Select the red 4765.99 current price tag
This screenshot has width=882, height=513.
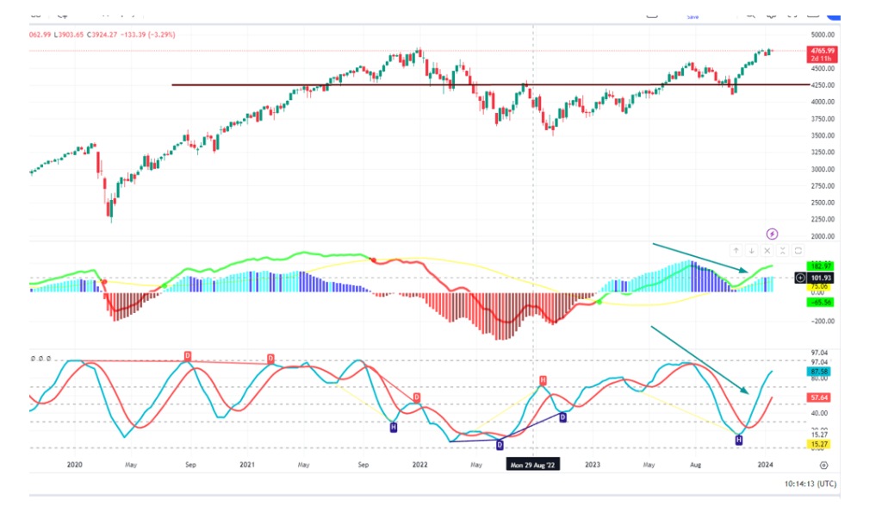click(x=819, y=53)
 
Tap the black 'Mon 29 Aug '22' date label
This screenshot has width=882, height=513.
click(x=533, y=465)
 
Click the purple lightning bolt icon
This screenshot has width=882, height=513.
click(x=773, y=234)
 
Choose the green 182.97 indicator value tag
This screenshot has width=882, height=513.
click(x=817, y=266)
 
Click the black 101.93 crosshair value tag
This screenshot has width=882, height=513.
click(x=819, y=278)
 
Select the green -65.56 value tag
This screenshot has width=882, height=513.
click(x=817, y=302)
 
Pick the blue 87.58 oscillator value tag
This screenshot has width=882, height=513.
click(x=817, y=371)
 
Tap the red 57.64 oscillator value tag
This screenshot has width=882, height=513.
click(x=817, y=398)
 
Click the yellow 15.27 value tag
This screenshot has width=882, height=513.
click(x=817, y=444)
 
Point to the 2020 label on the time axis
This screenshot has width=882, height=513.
click(x=74, y=465)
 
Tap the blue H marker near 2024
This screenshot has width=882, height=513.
click(x=738, y=441)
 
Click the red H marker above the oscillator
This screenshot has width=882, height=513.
click(x=543, y=380)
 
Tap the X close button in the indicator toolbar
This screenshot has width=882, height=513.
click(x=767, y=251)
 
